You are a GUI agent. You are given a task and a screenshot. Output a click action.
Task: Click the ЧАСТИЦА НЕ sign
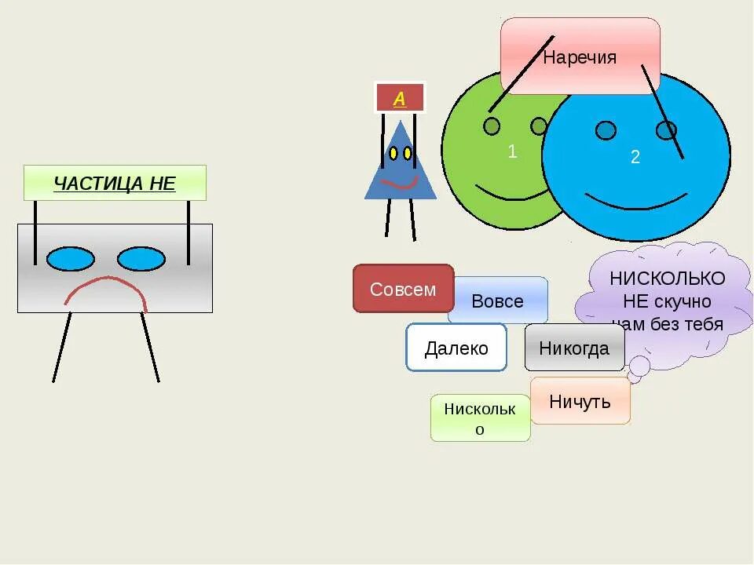pyautogui.click(x=115, y=184)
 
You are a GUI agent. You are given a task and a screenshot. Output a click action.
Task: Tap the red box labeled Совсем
pyautogui.click(x=403, y=289)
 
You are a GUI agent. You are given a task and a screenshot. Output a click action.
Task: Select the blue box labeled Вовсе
pyautogui.click(x=498, y=301)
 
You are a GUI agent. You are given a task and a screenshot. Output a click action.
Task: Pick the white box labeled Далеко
pyautogui.click(x=456, y=348)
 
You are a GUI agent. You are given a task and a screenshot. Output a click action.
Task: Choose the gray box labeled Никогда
pyautogui.click(x=574, y=348)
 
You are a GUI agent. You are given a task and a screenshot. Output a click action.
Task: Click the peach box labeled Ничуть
pyautogui.click(x=580, y=401)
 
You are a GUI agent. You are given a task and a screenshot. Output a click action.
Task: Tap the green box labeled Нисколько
pyautogui.click(x=480, y=417)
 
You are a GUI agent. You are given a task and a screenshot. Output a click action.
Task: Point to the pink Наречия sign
pyautogui.click(x=580, y=56)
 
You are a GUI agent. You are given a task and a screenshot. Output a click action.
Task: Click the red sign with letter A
pyautogui.click(x=400, y=98)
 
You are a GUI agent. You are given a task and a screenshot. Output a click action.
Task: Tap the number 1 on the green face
pyautogui.click(x=512, y=151)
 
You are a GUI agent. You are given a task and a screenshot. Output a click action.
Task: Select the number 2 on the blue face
pyautogui.click(x=635, y=157)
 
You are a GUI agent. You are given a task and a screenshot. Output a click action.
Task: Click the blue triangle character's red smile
pyautogui.click(x=400, y=184)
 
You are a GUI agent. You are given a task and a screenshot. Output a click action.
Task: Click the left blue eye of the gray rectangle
pyautogui.click(x=71, y=259)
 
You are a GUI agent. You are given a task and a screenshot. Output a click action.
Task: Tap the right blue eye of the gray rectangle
pyautogui.click(x=141, y=259)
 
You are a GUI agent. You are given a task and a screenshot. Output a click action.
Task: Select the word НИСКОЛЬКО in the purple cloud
pyautogui.click(x=668, y=279)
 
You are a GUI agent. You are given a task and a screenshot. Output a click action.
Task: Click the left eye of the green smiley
pyautogui.click(x=492, y=126)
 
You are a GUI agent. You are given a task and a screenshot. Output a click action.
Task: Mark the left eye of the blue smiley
pyautogui.click(x=606, y=130)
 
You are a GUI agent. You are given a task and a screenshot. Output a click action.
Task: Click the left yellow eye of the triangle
pyautogui.click(x=392, y=154)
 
